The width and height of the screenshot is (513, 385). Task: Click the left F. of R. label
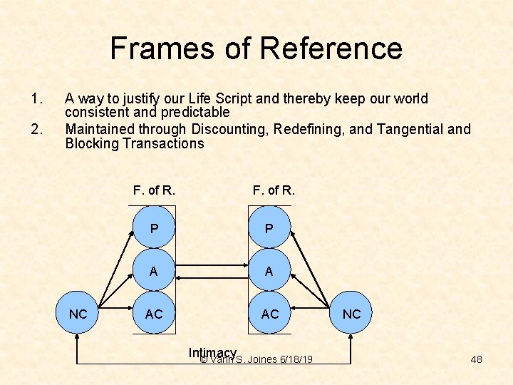(154, 190)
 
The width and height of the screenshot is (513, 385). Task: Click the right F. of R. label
(274, 190)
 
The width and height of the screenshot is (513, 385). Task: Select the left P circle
(154, 228)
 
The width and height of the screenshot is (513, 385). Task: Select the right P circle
(269, 228)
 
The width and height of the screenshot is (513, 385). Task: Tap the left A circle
(154, 270)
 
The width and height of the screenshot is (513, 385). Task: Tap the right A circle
(269, 270)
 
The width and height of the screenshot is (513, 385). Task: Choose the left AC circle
(154, 313)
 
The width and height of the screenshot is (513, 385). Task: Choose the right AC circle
(269, 313)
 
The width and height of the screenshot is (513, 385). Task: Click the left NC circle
(78, 314)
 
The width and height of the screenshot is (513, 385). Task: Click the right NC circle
(351, 314)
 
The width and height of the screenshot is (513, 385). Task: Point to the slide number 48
(476, 359)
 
